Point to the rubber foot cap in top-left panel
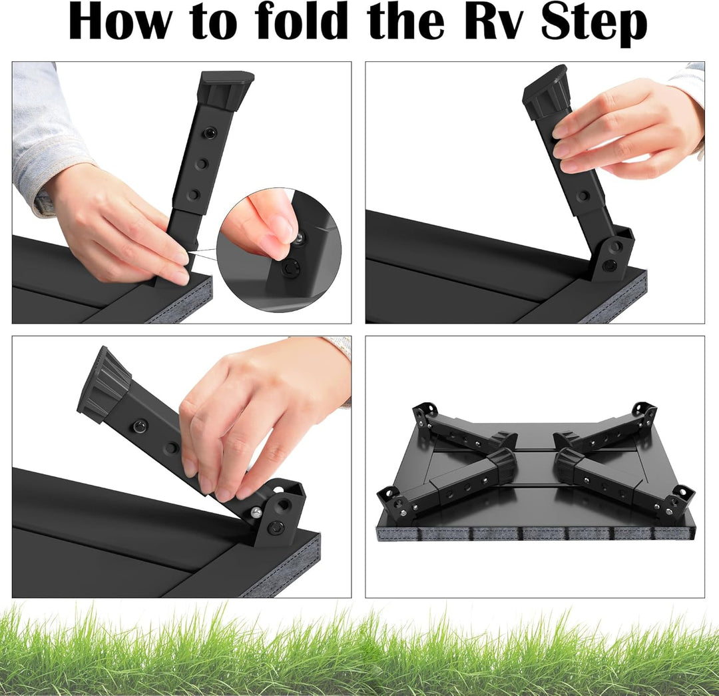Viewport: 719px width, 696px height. (x=225, y=90)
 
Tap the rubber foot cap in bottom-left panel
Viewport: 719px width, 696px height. (x=104, y=385)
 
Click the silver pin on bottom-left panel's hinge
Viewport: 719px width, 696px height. (x=256, y=512)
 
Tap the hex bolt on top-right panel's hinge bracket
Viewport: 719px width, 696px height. (x=610, y=264)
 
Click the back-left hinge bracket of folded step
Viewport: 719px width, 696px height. (x=424, y=415)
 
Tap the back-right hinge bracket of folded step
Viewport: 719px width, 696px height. (x=642, y=415)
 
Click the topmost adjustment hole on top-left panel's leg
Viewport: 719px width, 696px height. (x=210, y=133)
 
